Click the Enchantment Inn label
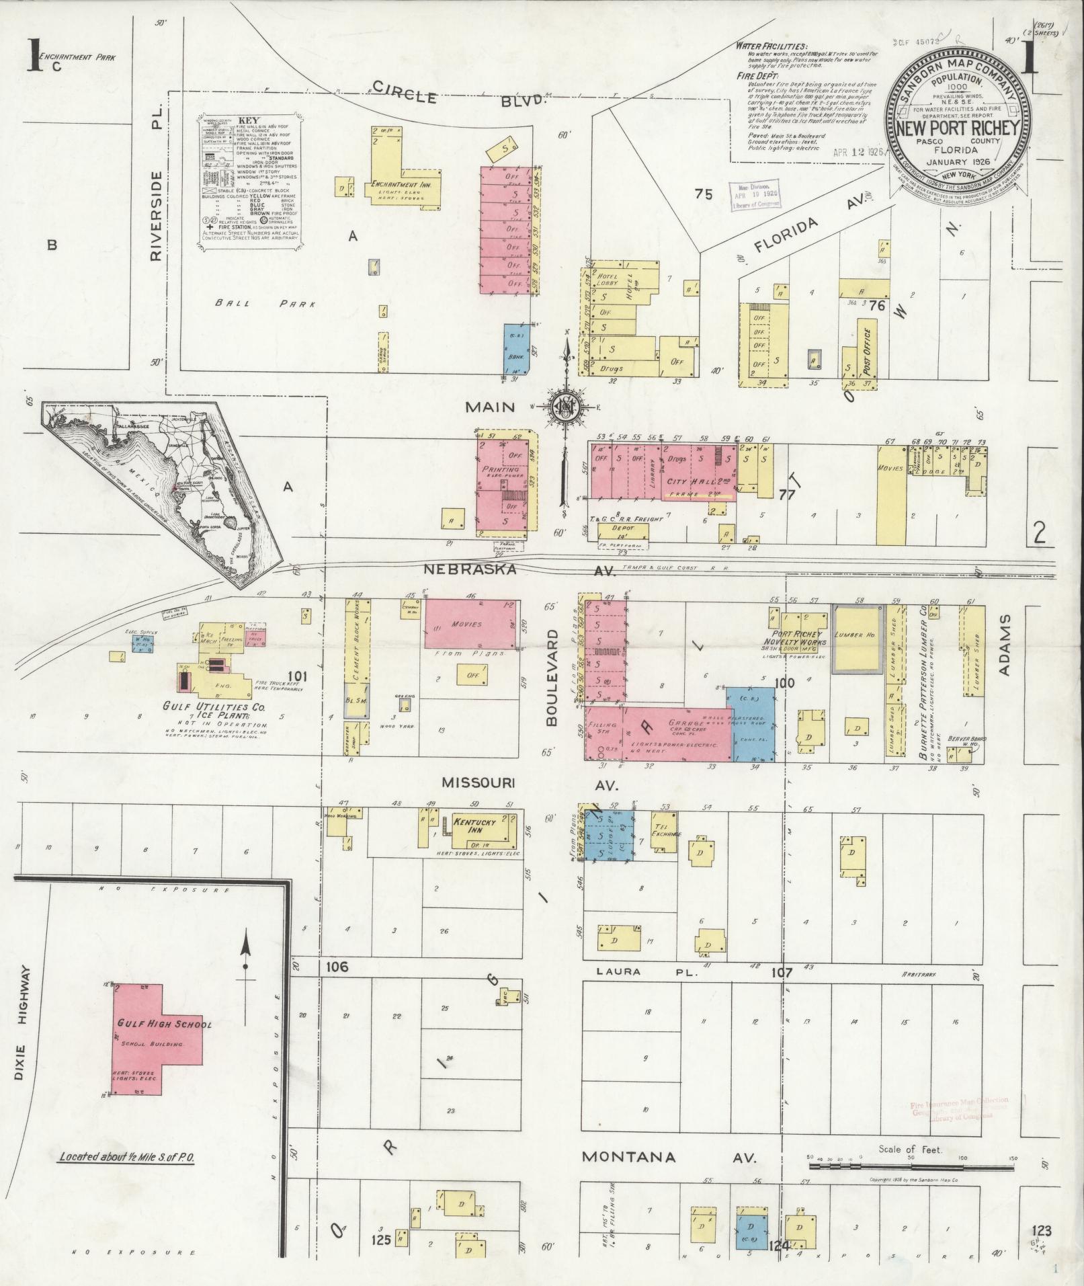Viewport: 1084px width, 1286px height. (x=405, y=184)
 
